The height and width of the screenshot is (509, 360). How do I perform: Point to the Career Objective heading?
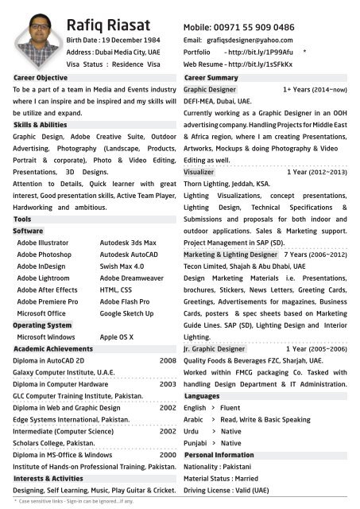[x=41, y=78]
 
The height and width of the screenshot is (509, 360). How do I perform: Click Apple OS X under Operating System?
[x=117, y=337]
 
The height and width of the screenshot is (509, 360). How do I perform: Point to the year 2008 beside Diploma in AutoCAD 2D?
[x=167, y=360]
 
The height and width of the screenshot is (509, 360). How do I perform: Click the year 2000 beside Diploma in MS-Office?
[x=167, y=454]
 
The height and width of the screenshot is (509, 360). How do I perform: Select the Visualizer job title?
[x=199, y=172]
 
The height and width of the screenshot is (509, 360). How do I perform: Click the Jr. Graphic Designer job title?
[x=215, y=348]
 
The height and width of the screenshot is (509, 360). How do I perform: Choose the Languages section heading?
[x=202, y=395]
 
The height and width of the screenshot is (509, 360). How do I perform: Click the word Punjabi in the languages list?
[x=195, y=443]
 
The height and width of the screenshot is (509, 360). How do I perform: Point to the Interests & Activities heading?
[x=48, y=479]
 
